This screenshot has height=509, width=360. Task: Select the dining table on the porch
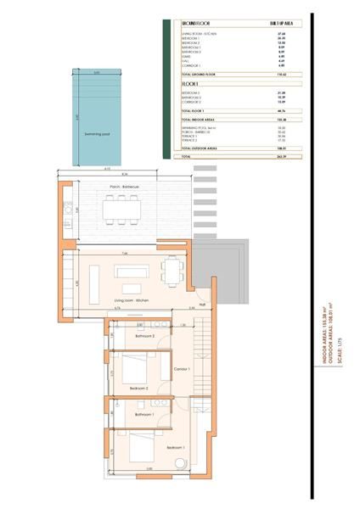pos(124,208)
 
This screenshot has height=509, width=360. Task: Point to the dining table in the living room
pos(172,273)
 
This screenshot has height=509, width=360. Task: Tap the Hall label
pos(202,305)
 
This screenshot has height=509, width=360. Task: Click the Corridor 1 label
pos(181,369)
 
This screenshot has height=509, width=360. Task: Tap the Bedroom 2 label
pos(139,388)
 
